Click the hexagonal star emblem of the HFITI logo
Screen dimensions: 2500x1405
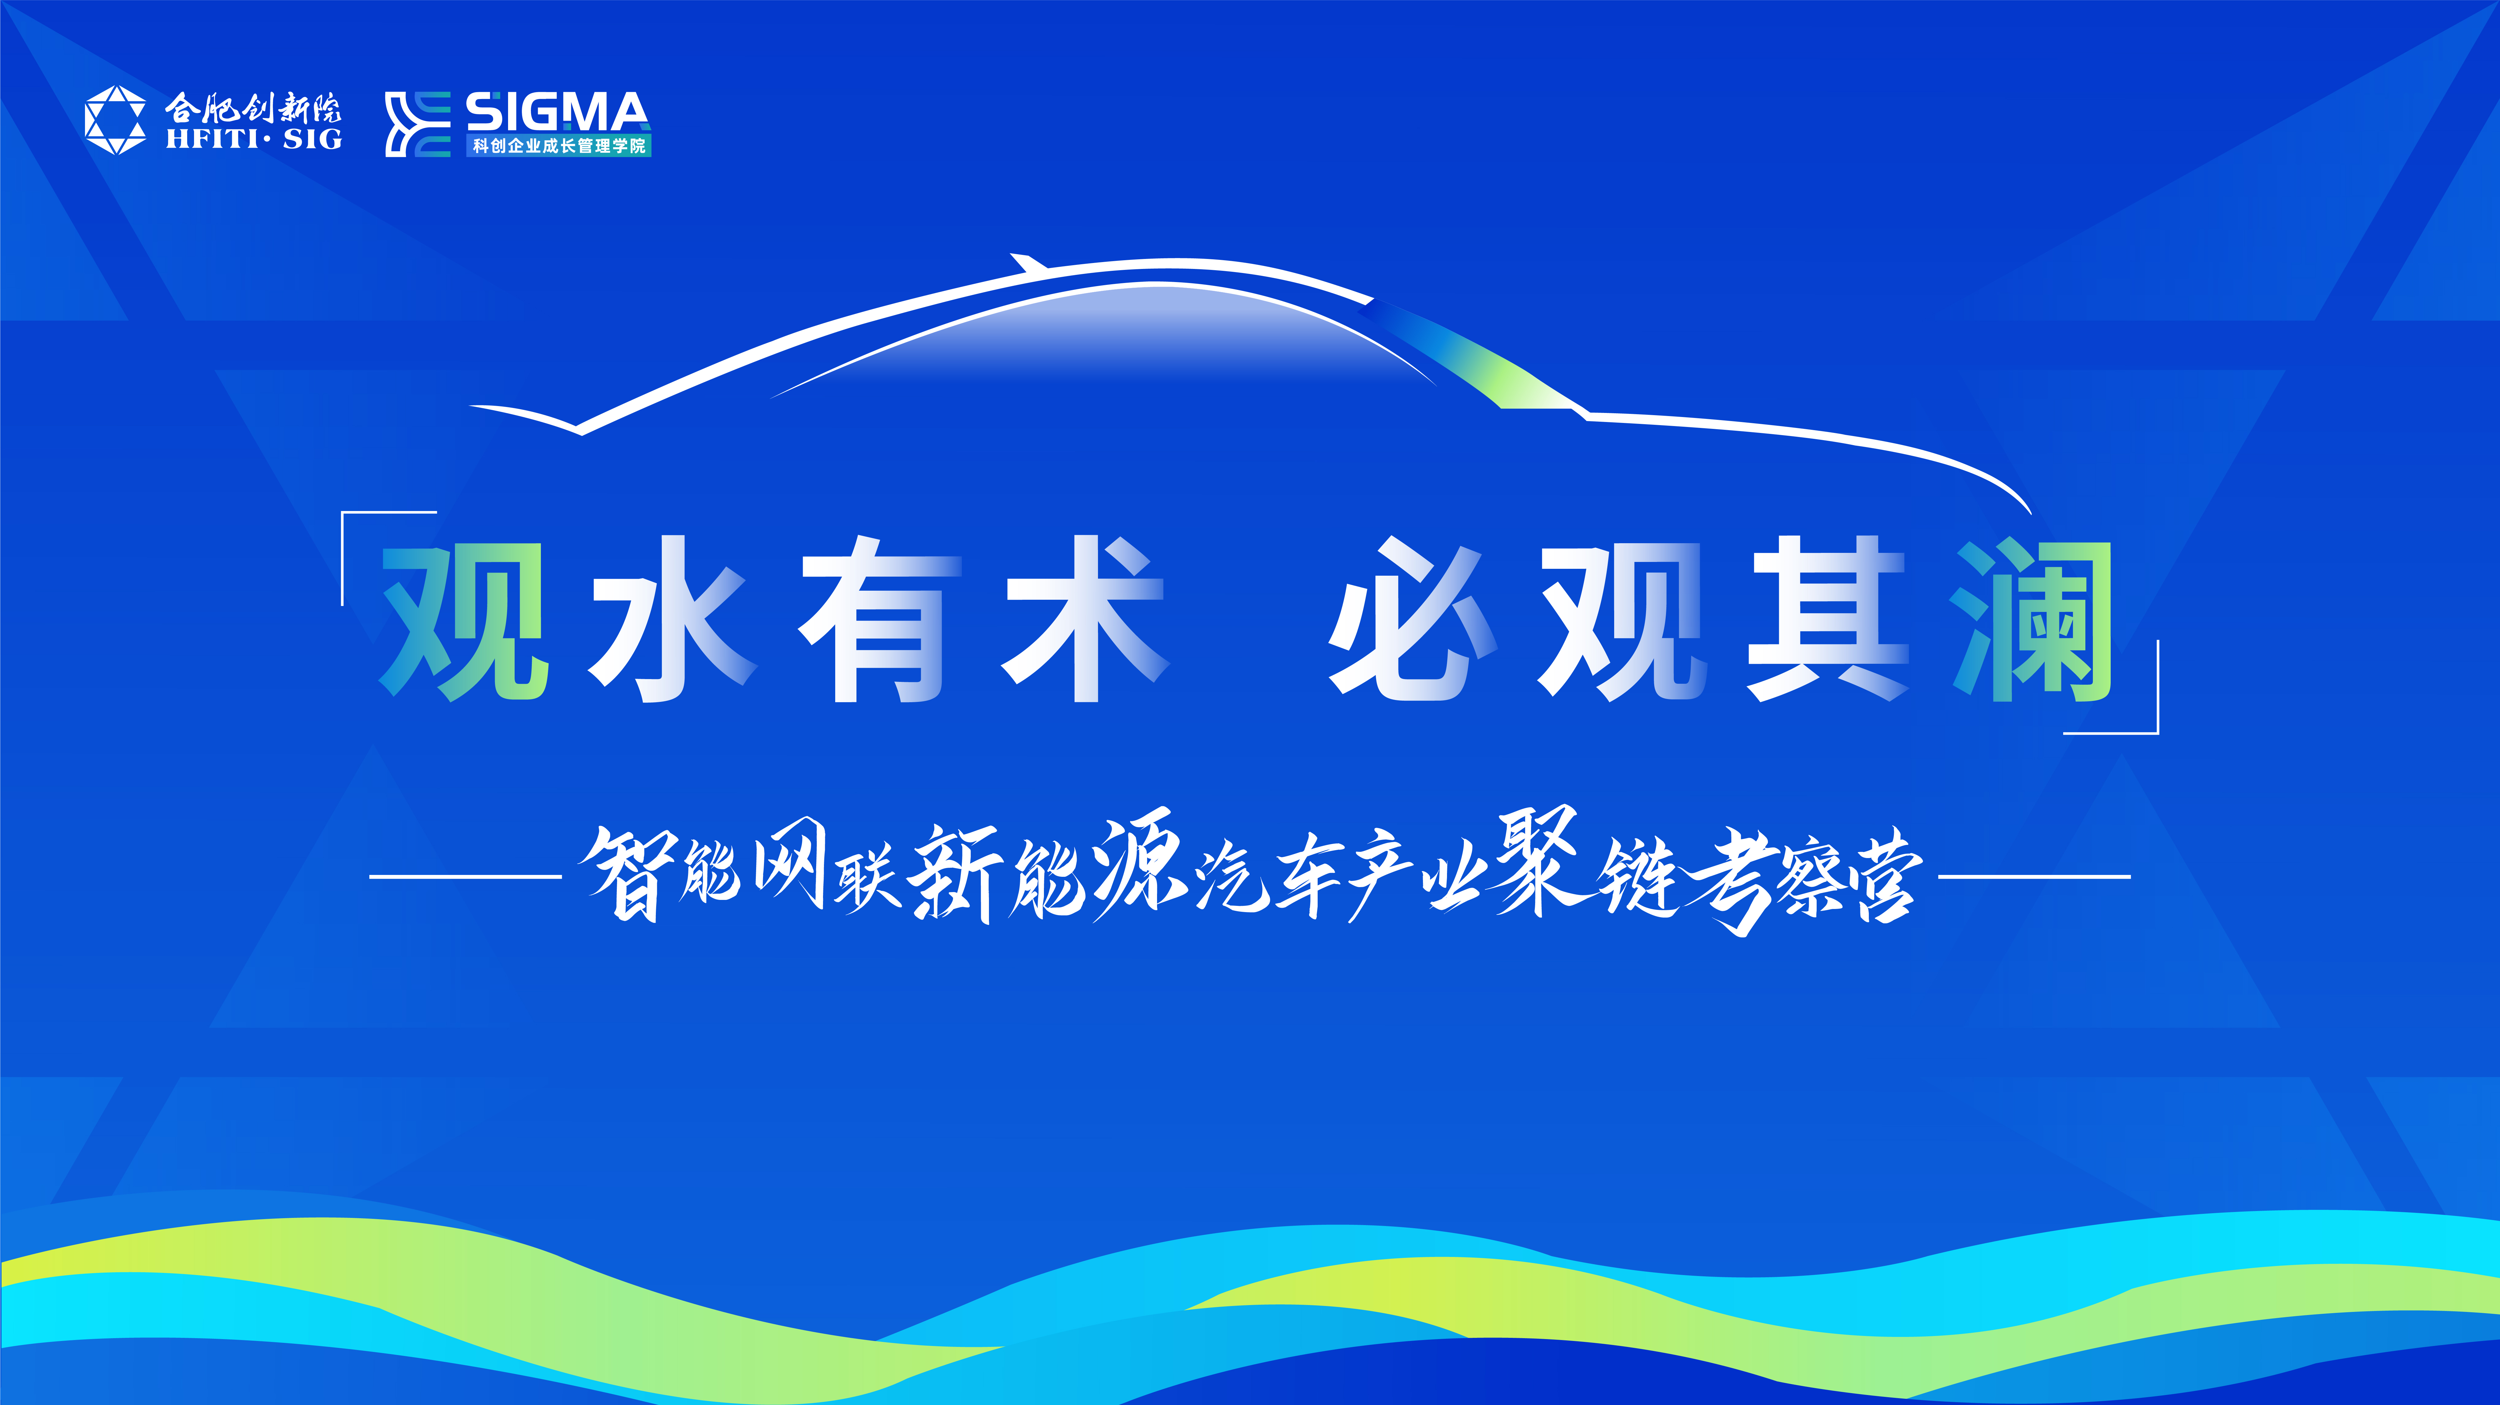[x=116, y=120]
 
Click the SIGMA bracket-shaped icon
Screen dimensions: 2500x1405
[x=417, y=123]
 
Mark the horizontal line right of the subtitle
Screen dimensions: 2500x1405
[x=2034, y=876]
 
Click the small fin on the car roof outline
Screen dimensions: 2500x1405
[x=1027, y=263]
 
